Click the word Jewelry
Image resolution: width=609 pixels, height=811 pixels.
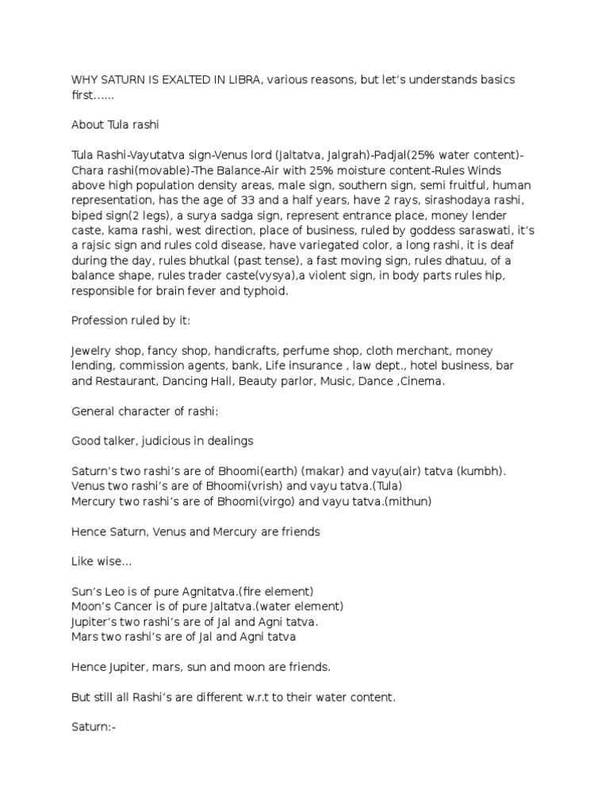(92, 351)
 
